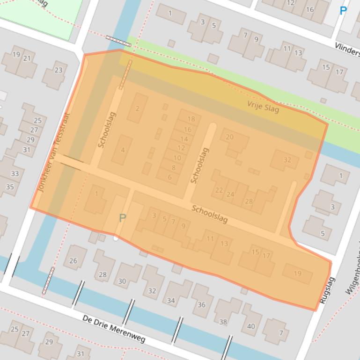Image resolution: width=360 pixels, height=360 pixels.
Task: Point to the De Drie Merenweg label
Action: [114, 328]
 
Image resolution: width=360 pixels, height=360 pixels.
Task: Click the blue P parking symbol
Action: [343, 10]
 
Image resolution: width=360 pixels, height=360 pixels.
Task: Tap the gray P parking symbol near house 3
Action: [123, 218]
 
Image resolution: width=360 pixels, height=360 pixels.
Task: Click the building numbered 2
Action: [137, 108]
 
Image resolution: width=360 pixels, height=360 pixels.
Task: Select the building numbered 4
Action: [123, 150]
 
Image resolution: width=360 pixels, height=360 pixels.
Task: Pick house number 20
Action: [229, 137]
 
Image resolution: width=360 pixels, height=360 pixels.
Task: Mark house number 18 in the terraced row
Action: [190, 119]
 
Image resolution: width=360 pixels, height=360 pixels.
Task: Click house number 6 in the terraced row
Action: [169, 177]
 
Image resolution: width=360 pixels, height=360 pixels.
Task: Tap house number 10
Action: [177, 158]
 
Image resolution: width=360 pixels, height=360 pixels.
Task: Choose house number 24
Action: [230, 194]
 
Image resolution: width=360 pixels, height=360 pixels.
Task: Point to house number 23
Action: [58, 71]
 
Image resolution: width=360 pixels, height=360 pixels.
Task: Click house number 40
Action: [251, 326]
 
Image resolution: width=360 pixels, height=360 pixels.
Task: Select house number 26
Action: [73, 261]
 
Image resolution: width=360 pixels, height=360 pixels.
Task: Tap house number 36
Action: [201, 304]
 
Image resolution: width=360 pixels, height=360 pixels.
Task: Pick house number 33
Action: [15, 173]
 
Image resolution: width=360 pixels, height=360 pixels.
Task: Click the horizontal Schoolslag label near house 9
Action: [209, 214]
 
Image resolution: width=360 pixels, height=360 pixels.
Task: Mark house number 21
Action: [27, 58]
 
